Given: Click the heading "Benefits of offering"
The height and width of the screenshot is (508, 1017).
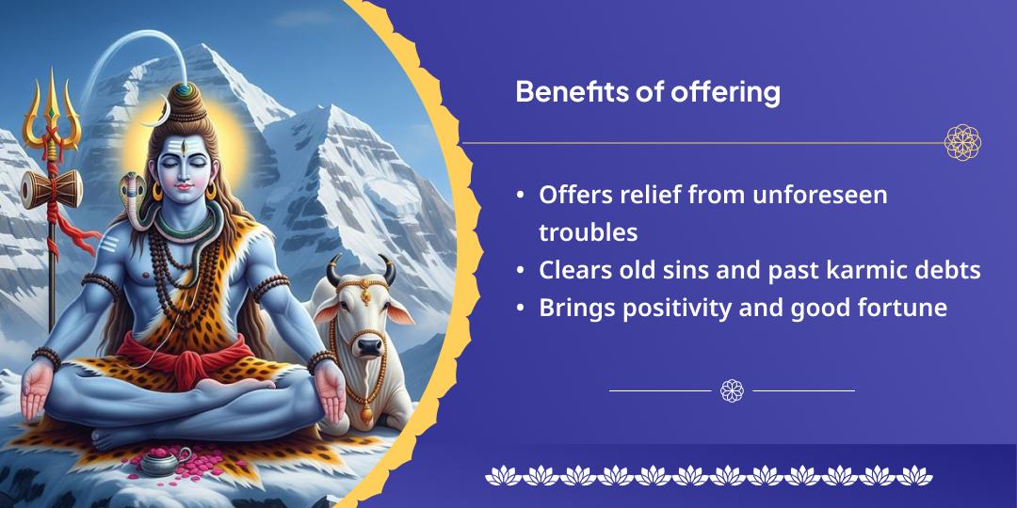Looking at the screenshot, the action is pyautogui.click(x=647, y=92).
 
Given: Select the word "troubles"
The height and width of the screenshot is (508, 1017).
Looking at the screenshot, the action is pyautogui.click(x=589, y=232).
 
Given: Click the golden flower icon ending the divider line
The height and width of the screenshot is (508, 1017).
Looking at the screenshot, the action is pyautogui.click(x=962, y=143).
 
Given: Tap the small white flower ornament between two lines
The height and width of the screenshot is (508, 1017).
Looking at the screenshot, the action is pyautogui.click(x=732, y=390).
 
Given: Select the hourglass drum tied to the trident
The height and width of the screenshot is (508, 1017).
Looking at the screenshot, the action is pyautogui.click(x=51, y=188).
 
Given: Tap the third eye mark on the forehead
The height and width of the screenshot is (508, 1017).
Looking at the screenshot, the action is pyautogui.click(x=184, y=149).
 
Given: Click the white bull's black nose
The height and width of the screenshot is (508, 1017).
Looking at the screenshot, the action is pyautogui.click(x=370, y=346).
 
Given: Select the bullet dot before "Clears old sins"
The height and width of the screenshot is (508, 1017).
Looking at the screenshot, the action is pyautogui.click(x=520, y=271).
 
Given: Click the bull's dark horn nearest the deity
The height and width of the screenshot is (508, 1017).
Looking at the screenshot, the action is pyautogui.click(x=333, y=270).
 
